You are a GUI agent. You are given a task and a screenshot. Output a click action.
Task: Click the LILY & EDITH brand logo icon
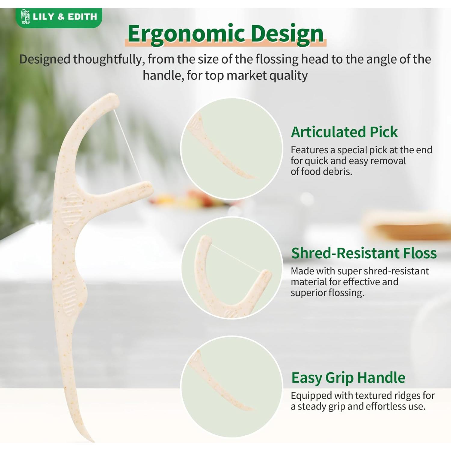point(25,17)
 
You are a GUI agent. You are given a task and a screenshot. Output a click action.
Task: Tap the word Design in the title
point(287,34)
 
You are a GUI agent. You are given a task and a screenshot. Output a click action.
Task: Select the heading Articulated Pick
point(344,132)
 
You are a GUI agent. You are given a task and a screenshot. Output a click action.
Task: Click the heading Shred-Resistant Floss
point(364,253)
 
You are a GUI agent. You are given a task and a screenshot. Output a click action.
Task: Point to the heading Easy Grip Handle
point(348,378)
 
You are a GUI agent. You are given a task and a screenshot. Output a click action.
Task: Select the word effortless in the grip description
point(380,406)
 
